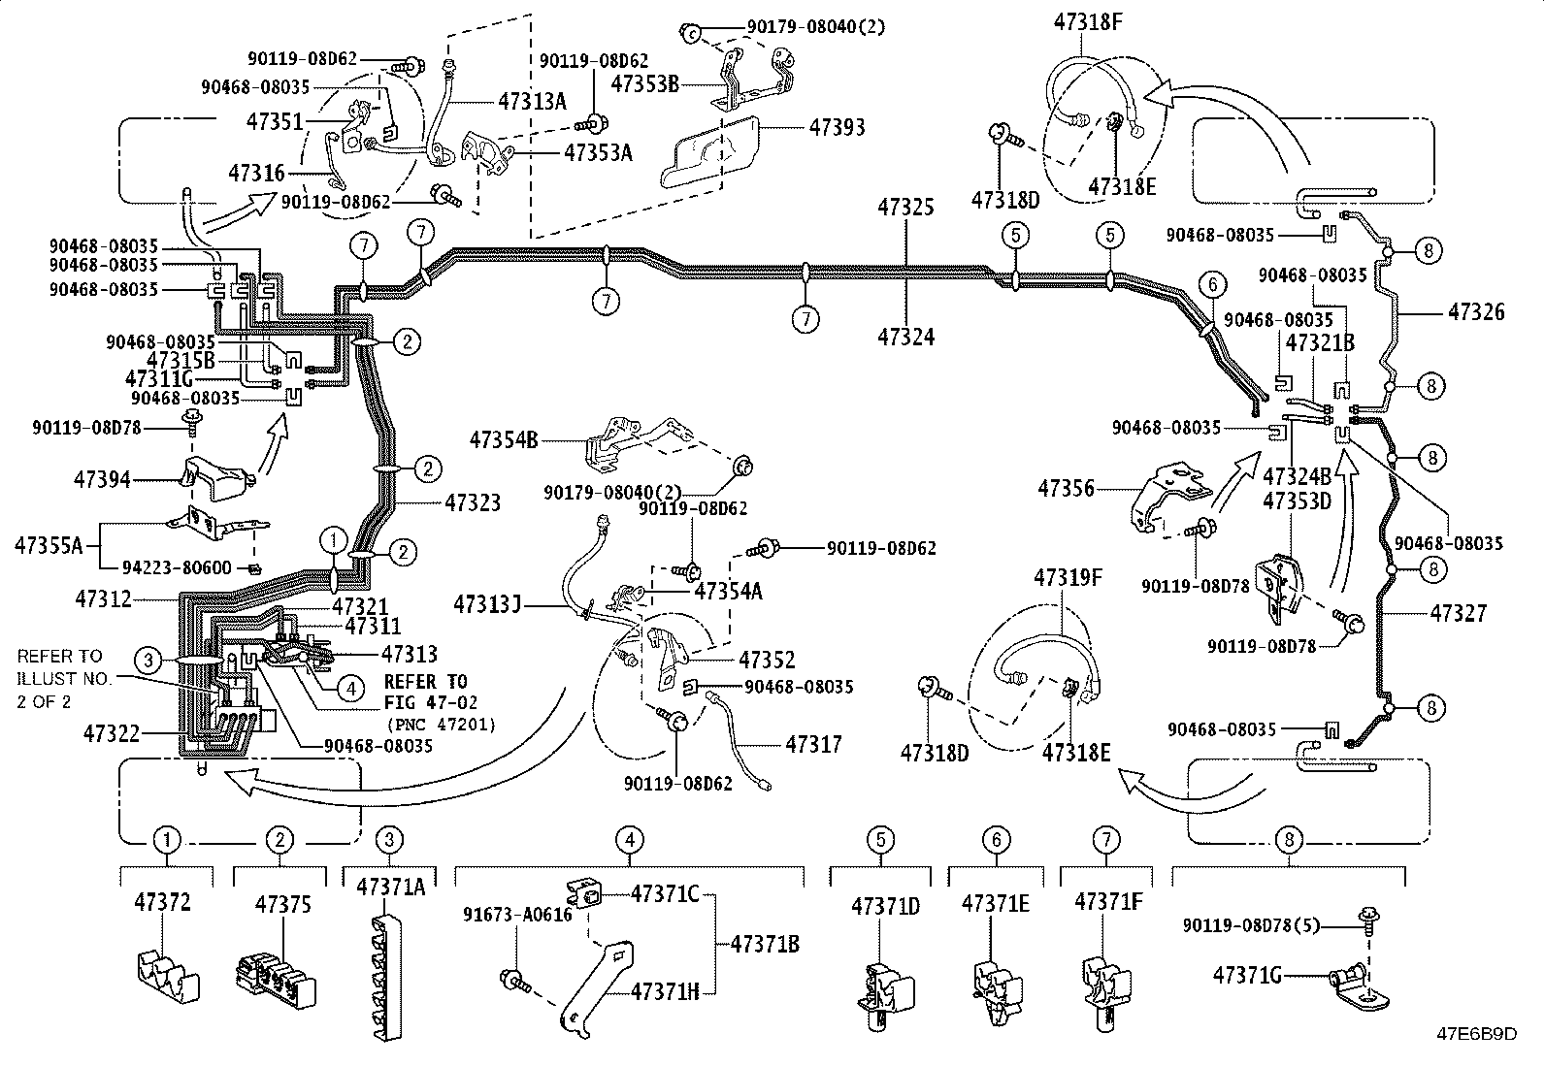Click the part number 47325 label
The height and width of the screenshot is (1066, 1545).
pos(905,207)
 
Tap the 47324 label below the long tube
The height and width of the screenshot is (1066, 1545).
pos(905,337)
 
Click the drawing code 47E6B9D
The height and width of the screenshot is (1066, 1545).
pos(1476,1033)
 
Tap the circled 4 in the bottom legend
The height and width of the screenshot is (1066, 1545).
pos(629,839)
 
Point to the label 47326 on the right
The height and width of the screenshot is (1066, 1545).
pos(1476,312)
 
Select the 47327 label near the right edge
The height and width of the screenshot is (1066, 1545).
pos(1458,613)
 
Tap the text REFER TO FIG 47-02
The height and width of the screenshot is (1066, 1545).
pos(425,692)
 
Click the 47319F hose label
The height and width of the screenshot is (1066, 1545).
pos(1068,578)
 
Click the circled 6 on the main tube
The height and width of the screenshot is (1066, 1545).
pos(1211,285)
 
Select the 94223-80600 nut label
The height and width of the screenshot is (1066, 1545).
pos(177,567)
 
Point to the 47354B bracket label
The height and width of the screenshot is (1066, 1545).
pos(504,439)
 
